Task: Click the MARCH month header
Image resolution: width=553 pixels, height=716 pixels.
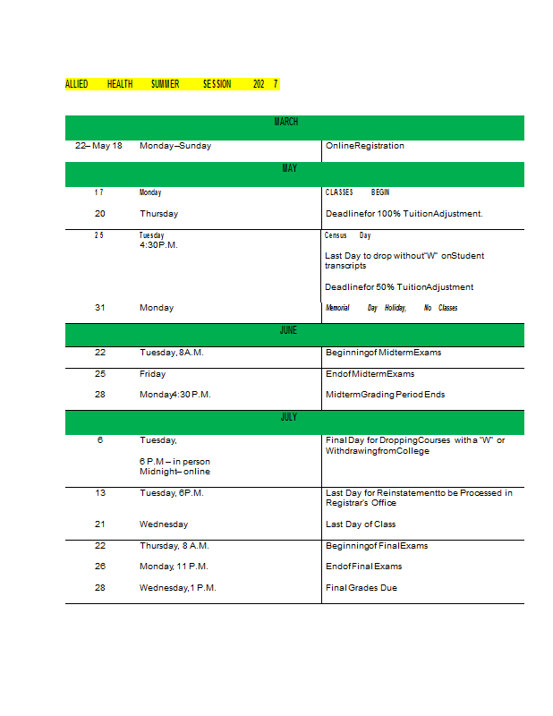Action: [286, 122]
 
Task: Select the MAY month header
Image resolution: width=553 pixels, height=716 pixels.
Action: [289, 168]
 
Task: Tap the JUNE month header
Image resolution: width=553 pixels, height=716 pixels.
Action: [288, 330]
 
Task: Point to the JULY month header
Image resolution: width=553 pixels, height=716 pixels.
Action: [288, 417]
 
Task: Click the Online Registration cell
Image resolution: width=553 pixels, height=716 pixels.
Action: [364, 146]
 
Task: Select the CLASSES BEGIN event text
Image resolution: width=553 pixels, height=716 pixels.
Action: [357, 192]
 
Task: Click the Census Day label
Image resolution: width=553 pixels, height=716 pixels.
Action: [347, 235]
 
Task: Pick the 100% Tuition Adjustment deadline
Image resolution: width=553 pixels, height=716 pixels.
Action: [404, 214]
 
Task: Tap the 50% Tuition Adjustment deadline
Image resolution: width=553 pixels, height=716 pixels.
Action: [399, 287]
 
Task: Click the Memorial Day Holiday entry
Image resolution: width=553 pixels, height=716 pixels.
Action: [391, 308]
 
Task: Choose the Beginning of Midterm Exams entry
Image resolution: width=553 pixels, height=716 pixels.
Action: [383, 353]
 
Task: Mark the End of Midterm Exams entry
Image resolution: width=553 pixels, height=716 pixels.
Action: [370, 374]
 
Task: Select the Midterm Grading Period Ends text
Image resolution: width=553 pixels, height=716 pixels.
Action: [385, 395]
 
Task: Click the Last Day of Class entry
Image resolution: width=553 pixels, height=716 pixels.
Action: [360, 524]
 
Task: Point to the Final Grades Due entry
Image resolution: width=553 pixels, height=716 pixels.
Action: [361, 588]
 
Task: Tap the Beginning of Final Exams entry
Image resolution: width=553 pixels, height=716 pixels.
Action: [377, 546]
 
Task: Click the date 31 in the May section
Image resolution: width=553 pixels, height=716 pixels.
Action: [100, 308]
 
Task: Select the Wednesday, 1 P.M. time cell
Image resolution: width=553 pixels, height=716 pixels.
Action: [177, 588]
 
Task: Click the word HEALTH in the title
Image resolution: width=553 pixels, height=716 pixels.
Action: [120, 84]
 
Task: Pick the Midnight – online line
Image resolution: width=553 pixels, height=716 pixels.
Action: [174, 472]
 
